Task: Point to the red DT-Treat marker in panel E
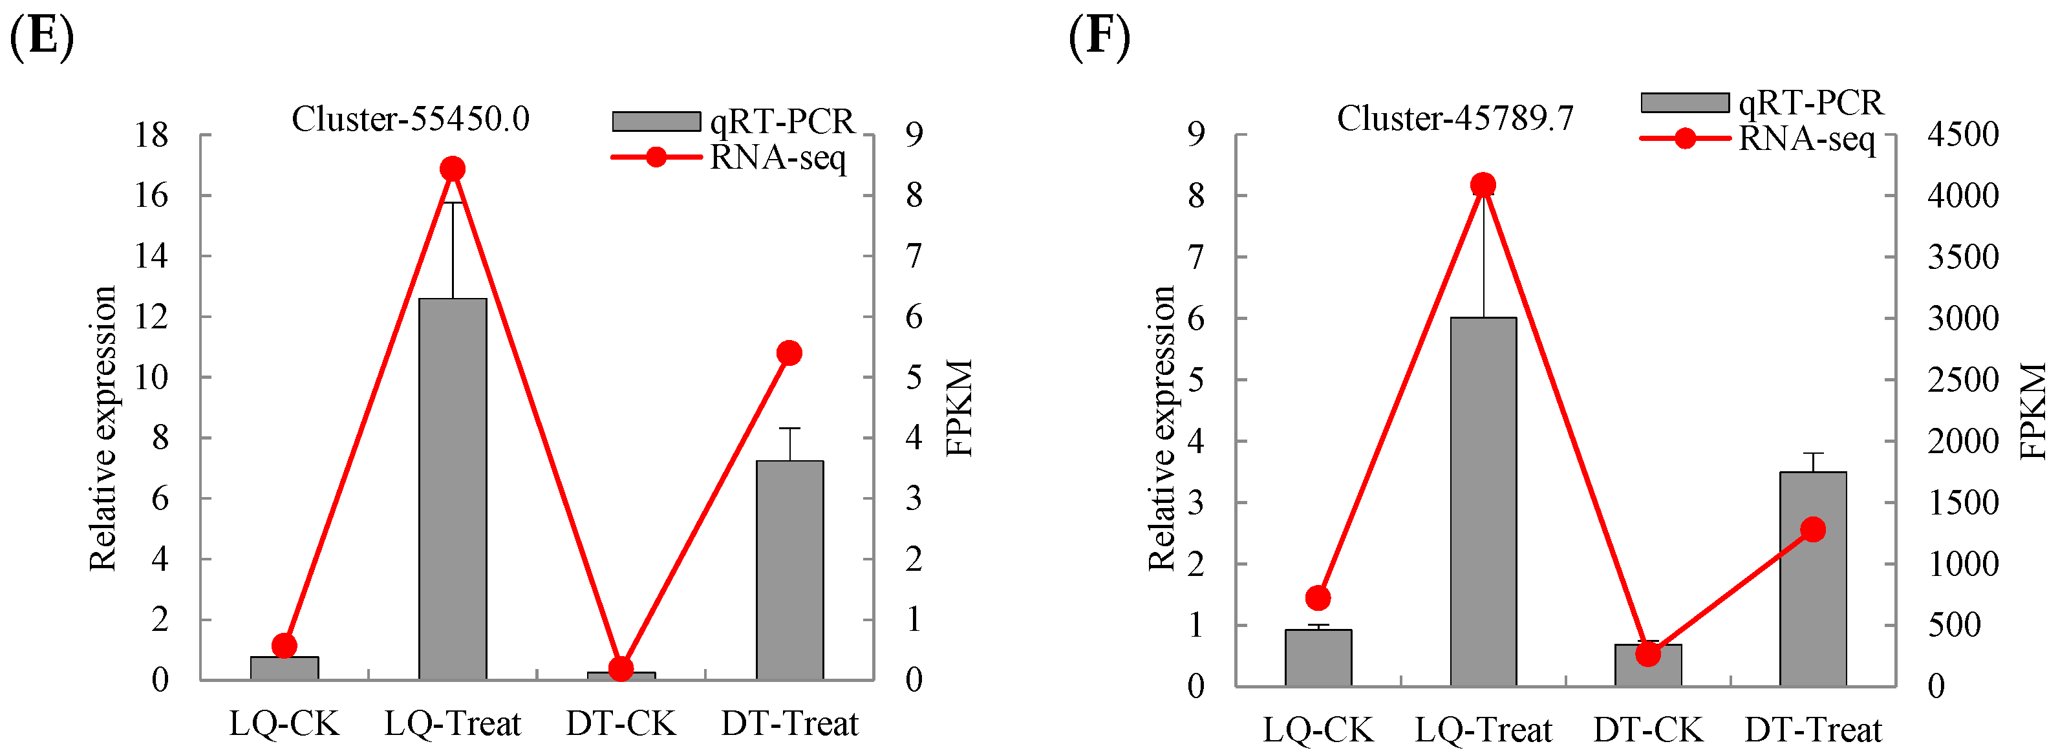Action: [x=789, y=353]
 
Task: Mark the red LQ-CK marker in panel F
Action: [x=1318, y=598]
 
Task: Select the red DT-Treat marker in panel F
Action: [x=1813, y=529]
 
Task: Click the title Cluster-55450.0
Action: [x=410, y=119]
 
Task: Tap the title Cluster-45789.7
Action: [x=1455, y=118]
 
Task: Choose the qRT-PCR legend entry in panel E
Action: [x=733, y=122]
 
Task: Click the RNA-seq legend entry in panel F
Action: [x=1757, y=138]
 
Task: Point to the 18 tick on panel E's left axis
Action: [x=152, y=135]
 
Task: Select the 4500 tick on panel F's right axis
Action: [x=1963, y=134]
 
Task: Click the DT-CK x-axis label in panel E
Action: [x=621, y=724]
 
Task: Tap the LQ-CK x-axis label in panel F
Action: [x=1318, y=729]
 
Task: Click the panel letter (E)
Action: [x=41, y=36]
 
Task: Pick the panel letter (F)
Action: [x=1099, y=36]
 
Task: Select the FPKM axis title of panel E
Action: [x=959, y=407]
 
